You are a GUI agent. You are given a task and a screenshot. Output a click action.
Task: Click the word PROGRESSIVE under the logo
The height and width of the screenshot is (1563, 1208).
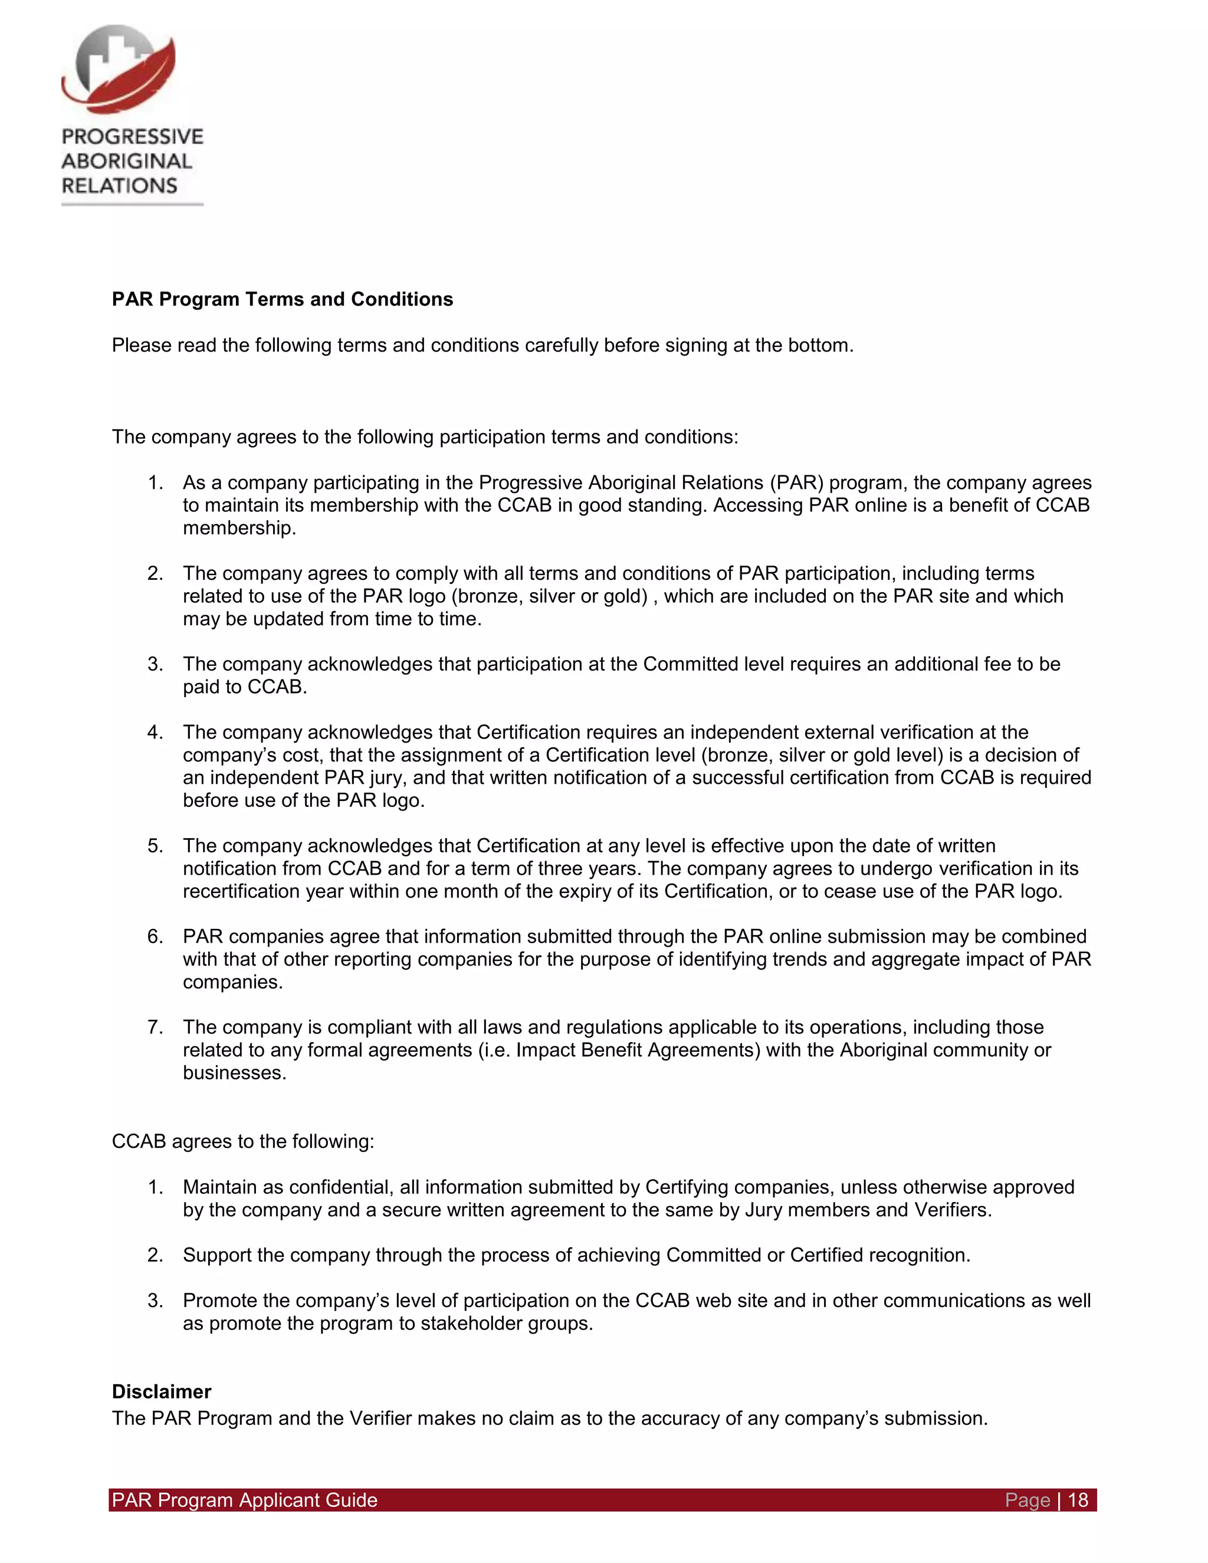(132, 136)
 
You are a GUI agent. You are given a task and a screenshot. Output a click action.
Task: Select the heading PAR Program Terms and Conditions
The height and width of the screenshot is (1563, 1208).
(282, 299)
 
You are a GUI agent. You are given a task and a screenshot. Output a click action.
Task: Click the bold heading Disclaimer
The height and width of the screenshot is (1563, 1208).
(161, 1391)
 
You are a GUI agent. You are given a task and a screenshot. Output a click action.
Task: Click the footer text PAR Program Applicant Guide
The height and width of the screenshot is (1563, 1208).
(245, 1500)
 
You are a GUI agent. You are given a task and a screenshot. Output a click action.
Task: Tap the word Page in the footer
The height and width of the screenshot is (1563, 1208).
(1027, 1500)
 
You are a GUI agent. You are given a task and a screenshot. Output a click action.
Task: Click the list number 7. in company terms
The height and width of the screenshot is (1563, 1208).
(155, 1027)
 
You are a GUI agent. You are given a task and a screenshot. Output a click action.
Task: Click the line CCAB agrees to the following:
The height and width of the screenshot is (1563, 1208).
(242, 1141)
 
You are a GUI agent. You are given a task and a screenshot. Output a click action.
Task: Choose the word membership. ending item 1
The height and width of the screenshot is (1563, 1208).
(239, 528)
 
